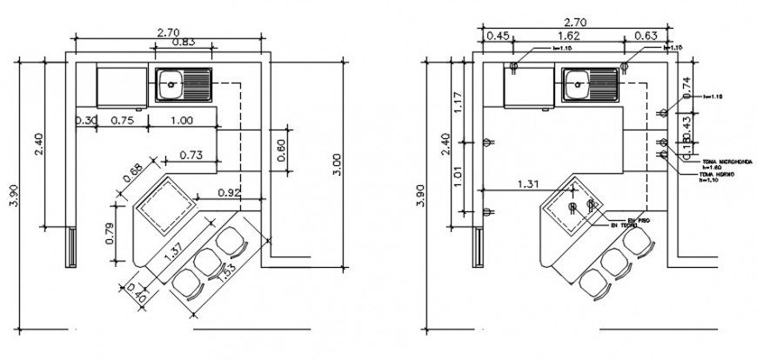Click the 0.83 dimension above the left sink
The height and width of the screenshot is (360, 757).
click(183, 42)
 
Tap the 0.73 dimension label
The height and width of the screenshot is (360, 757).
click(192, 155)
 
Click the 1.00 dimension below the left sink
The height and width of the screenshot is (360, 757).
click(182, 120)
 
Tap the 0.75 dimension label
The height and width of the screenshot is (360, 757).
click(123, 120)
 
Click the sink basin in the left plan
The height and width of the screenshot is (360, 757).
click(171, 85)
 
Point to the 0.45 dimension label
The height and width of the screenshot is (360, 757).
click(497, 36)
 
